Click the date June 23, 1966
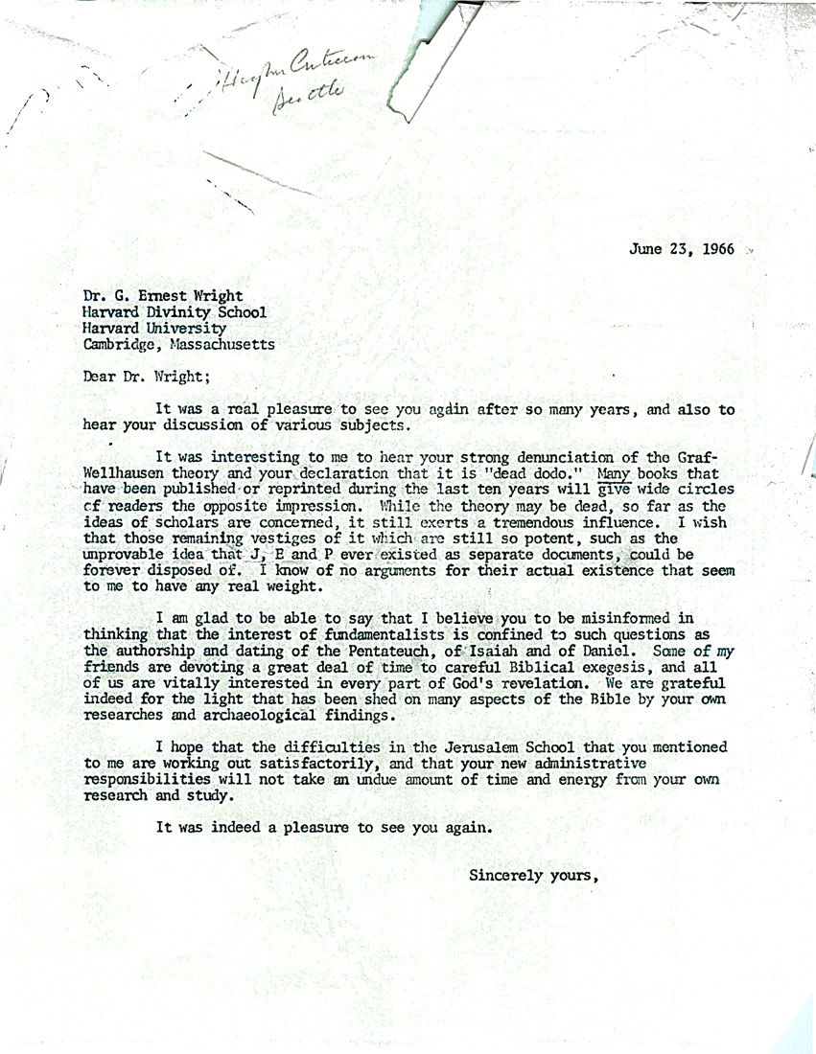pyautogui.click(x=682, y=249)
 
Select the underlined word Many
pyautogui.click(x=614, y=472)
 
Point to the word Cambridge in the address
pyautogui.click(x=118, y=344)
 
